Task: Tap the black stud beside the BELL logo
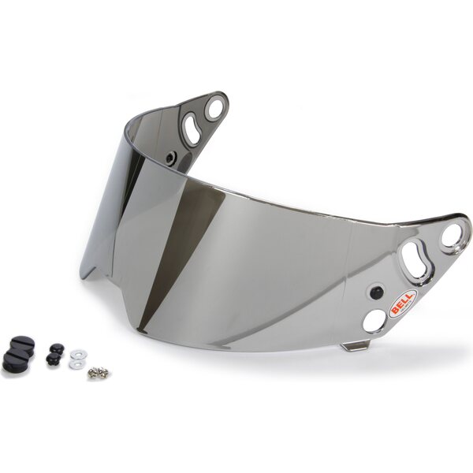point(376,291)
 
